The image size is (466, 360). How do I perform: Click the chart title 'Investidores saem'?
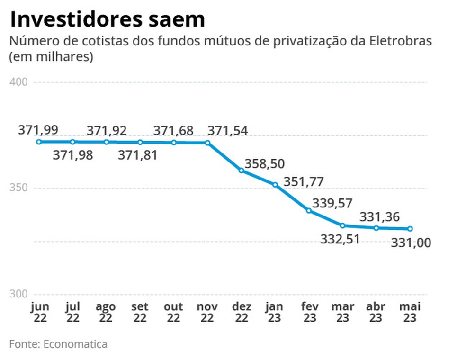pyautogui.click(x=107, y=19)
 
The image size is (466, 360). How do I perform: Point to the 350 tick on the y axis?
pyautogui.click(x=18, y=188)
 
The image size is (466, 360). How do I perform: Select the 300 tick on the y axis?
pyautogui.click(x=18, y=294)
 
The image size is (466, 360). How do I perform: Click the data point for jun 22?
pyautogui.click(x=39, y=142)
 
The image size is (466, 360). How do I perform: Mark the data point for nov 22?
pyautogui.click(x=207, y=143)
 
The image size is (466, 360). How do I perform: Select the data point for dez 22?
pyautogui.click(x=241, y=170)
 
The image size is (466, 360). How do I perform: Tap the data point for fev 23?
pyautogui.click(x=308, y=210)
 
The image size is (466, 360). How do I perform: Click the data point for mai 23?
pyautogui.click(x=410, y=229)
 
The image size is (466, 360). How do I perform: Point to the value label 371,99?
pyautogui.click(x=38, y=130)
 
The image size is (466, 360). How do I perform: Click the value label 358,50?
pyautogui.click(x=264, y=164)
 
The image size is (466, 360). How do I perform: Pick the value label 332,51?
pyautogui.click(x=340, y=239)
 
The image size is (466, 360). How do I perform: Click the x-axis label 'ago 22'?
pyautogui.click(x=106, y=312)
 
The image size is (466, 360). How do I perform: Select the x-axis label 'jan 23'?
pyautogui.click(x=275, y=312)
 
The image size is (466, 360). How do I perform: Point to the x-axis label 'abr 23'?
pyautogui.click(x=376, y=312)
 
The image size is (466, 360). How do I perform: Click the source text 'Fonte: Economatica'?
pyautogui.click(x=58, y=344)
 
